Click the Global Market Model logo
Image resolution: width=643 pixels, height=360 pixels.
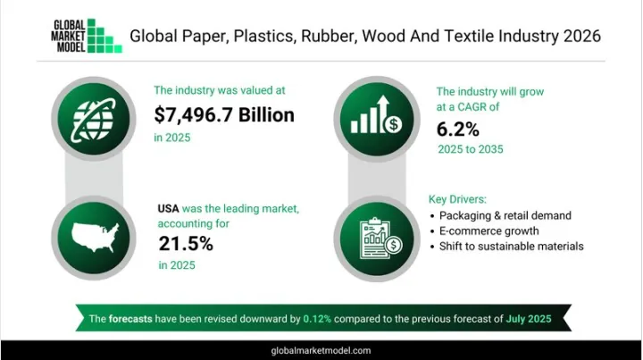point(87,36)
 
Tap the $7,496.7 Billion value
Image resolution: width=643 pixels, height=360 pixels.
point(224,115)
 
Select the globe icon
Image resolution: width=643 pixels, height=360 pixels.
point(94,119)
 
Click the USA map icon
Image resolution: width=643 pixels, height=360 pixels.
point(95,238)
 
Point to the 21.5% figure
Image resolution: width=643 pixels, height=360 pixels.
point(186,244)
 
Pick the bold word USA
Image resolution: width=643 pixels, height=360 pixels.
point(168,209)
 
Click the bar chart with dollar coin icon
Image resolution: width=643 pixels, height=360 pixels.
point(377,115)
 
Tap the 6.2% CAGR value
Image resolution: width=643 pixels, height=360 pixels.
point(457,130)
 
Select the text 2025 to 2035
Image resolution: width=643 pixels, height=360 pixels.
point(471,149)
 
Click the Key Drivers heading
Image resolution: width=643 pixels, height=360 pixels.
point(457,199)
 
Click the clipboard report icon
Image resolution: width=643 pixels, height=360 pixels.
point(380,239)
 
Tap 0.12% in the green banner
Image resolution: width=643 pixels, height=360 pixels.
point(317,319)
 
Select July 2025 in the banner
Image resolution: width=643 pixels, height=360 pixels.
point(529,319)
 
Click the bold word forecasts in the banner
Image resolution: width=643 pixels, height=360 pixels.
point(130,319)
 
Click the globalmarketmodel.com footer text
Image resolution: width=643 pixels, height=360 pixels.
point(321,350)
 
